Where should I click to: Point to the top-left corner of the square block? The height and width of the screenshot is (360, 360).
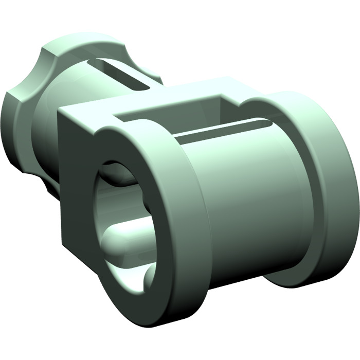(60, 110)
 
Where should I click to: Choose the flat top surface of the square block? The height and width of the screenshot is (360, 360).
(154, 103)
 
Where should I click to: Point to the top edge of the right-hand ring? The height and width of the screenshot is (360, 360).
(293, 95)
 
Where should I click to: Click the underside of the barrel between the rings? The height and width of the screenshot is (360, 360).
(242, 262)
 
